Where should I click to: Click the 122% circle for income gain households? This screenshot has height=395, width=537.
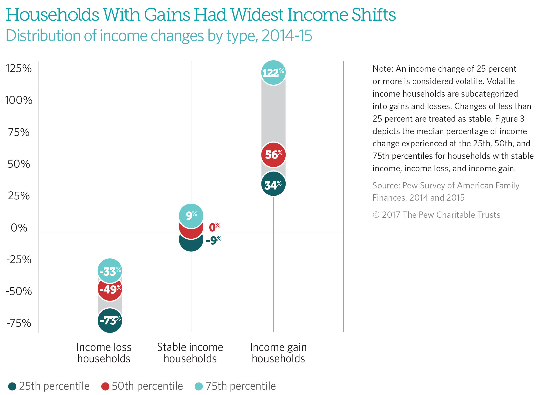[273, 72]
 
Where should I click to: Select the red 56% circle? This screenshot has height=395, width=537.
[273, 154]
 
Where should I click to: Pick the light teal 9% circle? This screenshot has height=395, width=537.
[191, 215]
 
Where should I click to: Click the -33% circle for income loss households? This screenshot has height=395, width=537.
[110, 270]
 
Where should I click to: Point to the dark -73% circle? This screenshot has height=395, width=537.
[110, 321]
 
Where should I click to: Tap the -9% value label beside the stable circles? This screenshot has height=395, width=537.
[214, 240]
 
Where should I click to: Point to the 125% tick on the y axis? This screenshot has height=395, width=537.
[19, 68]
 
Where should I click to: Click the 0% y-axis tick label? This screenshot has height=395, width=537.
[19, 228]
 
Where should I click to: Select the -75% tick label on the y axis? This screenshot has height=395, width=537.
[19, 323]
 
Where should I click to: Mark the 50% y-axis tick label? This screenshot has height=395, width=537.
[19, 164]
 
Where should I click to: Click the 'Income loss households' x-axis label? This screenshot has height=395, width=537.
[104, 353]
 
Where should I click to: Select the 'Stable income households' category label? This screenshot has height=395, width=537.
[190, 353]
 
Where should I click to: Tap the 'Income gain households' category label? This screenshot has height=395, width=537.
[278, 353]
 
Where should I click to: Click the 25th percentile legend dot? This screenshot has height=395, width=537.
[12, 386]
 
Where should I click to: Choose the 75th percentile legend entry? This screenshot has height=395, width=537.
[235, 386]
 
